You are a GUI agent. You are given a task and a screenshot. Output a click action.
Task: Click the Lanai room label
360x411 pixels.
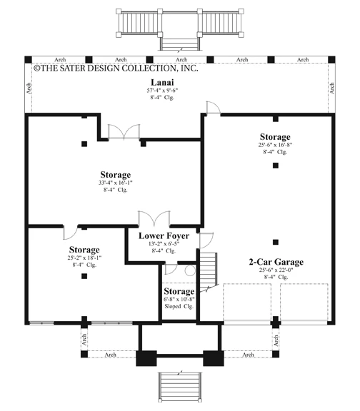(x=162, y=82)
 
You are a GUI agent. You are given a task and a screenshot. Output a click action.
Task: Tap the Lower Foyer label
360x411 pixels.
(x=164, y=235)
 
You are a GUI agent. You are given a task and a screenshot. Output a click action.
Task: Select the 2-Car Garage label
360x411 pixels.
(x=276, y=262)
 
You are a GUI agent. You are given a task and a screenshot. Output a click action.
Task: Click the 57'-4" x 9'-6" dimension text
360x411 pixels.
(x=162, y=91)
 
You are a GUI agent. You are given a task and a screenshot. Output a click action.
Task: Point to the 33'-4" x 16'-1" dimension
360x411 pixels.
(x=116, y=183)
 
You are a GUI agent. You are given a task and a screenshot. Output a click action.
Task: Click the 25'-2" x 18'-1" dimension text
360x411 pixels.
(x=84, y=258)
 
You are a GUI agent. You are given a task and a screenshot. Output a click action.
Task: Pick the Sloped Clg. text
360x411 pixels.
(x=179, y=306)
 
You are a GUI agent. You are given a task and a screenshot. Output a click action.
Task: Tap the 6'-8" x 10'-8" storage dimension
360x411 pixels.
(x=179, y=299)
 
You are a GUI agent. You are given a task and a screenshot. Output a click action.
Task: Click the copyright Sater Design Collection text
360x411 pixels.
(x=116, y=68)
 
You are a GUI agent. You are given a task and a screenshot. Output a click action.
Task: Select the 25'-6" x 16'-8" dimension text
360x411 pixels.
(x=275, y=145)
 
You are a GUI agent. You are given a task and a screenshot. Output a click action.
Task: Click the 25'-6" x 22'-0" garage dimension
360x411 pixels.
(x=276, y=270)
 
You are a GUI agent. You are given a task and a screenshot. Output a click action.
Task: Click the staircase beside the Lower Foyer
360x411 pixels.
(x=209, y=271)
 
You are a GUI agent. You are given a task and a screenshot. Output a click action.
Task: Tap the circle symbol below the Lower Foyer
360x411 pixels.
(x=190, y=270)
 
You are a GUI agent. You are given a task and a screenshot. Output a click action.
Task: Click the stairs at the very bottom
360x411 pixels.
(x=180, y=387)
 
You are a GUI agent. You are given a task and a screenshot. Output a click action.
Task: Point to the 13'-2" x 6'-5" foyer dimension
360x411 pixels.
(x=164, y=244)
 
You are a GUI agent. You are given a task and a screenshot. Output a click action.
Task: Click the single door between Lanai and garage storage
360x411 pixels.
(x=213, y=108)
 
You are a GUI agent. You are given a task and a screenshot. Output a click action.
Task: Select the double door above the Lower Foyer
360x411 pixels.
(x=154, y=218)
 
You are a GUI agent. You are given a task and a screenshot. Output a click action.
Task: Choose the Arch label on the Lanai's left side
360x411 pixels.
(x=29, y=88)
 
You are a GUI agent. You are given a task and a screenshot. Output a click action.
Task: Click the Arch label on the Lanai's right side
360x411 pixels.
(x=332, y=88)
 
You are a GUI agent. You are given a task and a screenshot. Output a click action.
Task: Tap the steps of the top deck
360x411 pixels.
(x=180, y=44)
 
